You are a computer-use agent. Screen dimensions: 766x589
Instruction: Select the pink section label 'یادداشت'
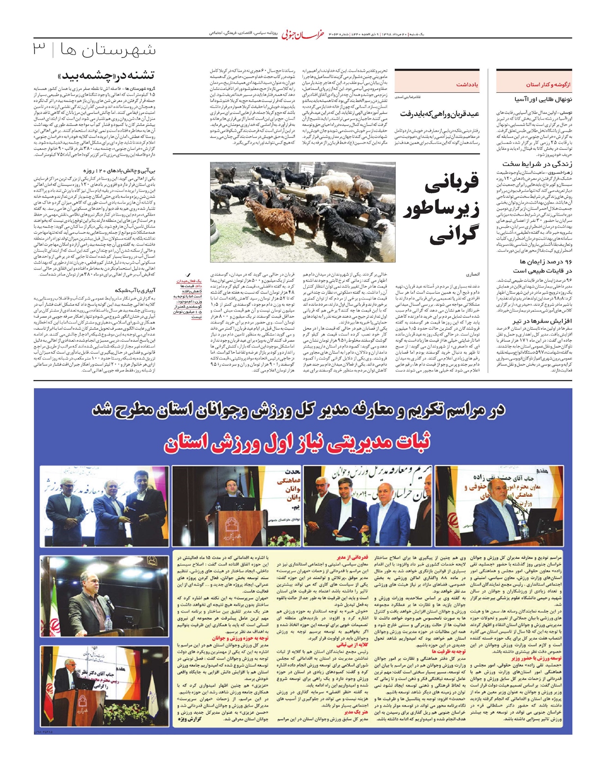coord(467,85)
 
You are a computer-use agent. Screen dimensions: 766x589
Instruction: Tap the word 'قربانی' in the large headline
coord(452,184)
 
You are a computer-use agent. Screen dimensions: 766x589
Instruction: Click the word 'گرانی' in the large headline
coord(454,235)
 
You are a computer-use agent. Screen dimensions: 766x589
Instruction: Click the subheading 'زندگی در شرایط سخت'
coord(537,164)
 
